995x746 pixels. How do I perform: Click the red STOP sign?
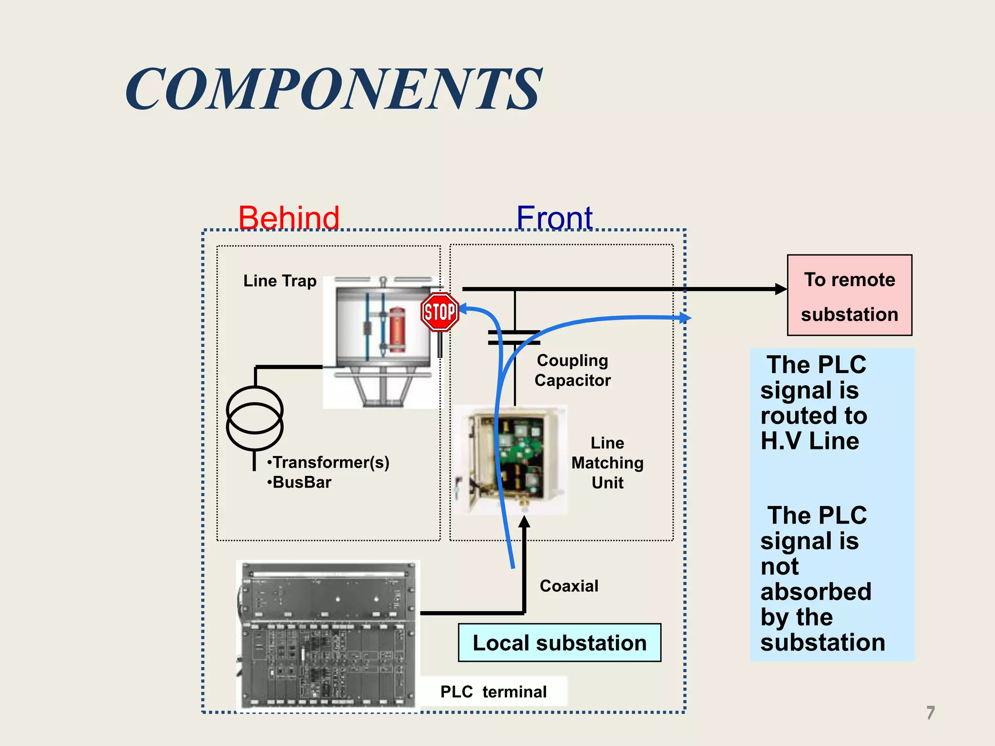click(x=440, y=312)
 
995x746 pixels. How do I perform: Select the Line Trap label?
click(x=280, y=281)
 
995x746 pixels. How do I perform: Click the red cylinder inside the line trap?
click(x=396, y=329)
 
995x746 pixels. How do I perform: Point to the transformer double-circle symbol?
click(x=255, y=418)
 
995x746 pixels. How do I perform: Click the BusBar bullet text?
click(x=300, y=482)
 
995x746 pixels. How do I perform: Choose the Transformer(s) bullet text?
click(x=329, y=462)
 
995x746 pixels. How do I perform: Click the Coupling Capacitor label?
click(x=572, y=370)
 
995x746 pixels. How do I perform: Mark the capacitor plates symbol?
click(x=514, y=338)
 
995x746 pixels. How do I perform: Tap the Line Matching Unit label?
click(x=607, y=463)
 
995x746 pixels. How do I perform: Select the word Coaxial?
click(x=569, y=586)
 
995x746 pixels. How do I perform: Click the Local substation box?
click(x=559, y=643)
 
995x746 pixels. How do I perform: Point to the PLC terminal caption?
click(x=493, y=692)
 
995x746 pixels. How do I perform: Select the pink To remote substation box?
click(x=849, y=295)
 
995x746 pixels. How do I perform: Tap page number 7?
click(x=930, y=712)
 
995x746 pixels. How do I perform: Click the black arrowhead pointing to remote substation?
click(x=780, y=289)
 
